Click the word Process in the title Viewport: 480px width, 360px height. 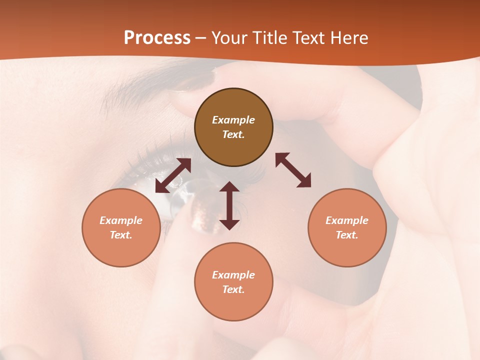[157, 38]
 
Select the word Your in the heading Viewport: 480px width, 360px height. [230, 38]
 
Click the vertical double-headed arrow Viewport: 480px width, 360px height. [229, 205]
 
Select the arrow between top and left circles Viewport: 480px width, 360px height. [173, 175]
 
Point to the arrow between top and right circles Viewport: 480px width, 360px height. [293, 170]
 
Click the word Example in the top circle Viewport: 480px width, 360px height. [233, 120]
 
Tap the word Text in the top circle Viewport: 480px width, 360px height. [233, 134]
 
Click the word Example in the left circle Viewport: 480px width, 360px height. [121, 220]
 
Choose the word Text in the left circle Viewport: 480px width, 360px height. [121, 235]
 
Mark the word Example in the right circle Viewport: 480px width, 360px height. [347, 220]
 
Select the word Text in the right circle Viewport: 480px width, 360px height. [347, 235]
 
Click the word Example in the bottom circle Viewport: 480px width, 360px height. [233, 275]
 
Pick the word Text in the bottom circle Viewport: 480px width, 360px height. [233, 289]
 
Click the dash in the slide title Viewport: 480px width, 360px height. [201, 38]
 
